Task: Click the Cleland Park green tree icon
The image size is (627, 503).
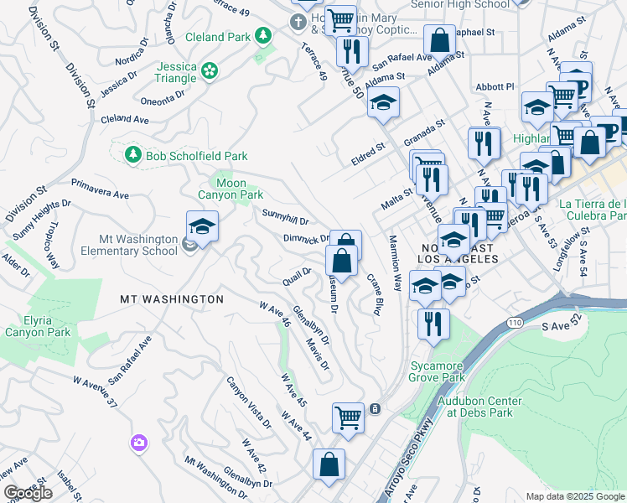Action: coord(263,36)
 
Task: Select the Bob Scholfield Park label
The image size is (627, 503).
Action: coord(185,155)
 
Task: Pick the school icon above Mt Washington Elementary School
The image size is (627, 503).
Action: coord(202,227)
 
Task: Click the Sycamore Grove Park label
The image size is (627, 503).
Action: coord(438,371)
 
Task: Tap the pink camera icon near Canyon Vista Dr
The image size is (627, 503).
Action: coord(138,442)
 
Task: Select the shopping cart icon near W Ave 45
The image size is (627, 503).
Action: coord(348,416)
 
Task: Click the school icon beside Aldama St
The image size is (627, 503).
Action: coord(383,103)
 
